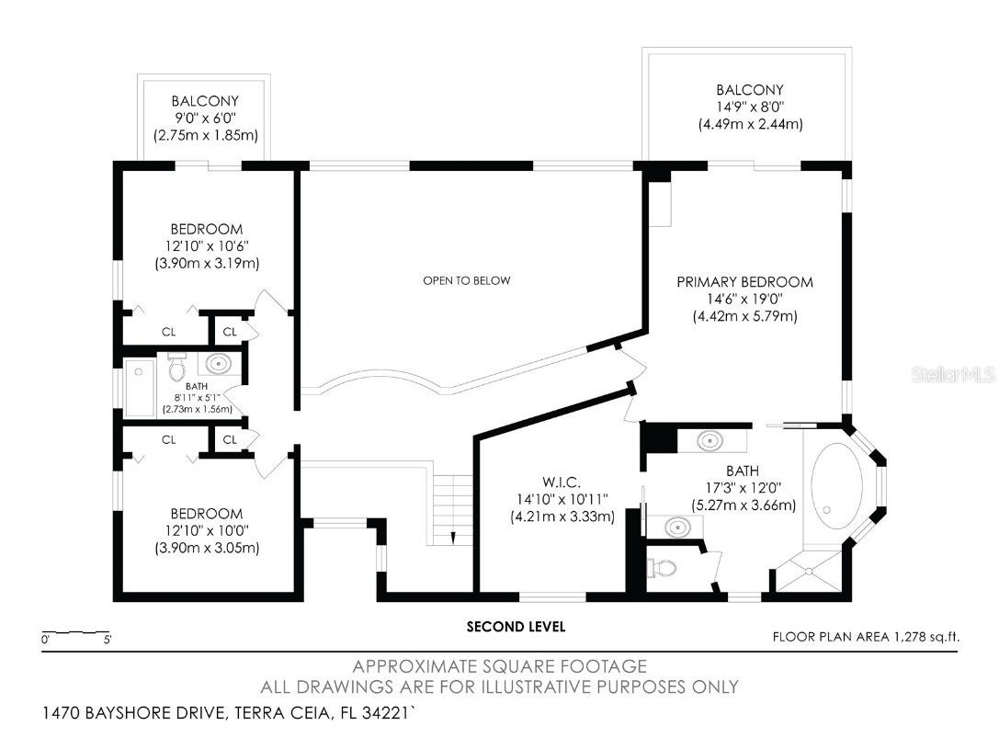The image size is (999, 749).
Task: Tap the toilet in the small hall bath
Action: (x=177, y=368)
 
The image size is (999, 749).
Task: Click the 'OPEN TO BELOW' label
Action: (x=466, y=280)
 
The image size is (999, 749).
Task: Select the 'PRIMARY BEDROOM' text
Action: (x=744, y=282)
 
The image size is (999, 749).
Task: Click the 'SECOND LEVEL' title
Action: (x=516, y=627)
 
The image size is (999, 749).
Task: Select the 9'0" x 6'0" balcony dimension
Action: (x=205, y=118)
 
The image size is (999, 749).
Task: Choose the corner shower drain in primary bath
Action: (x=808, y=572)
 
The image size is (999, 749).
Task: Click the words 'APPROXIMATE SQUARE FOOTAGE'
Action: (x=500, y=666)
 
